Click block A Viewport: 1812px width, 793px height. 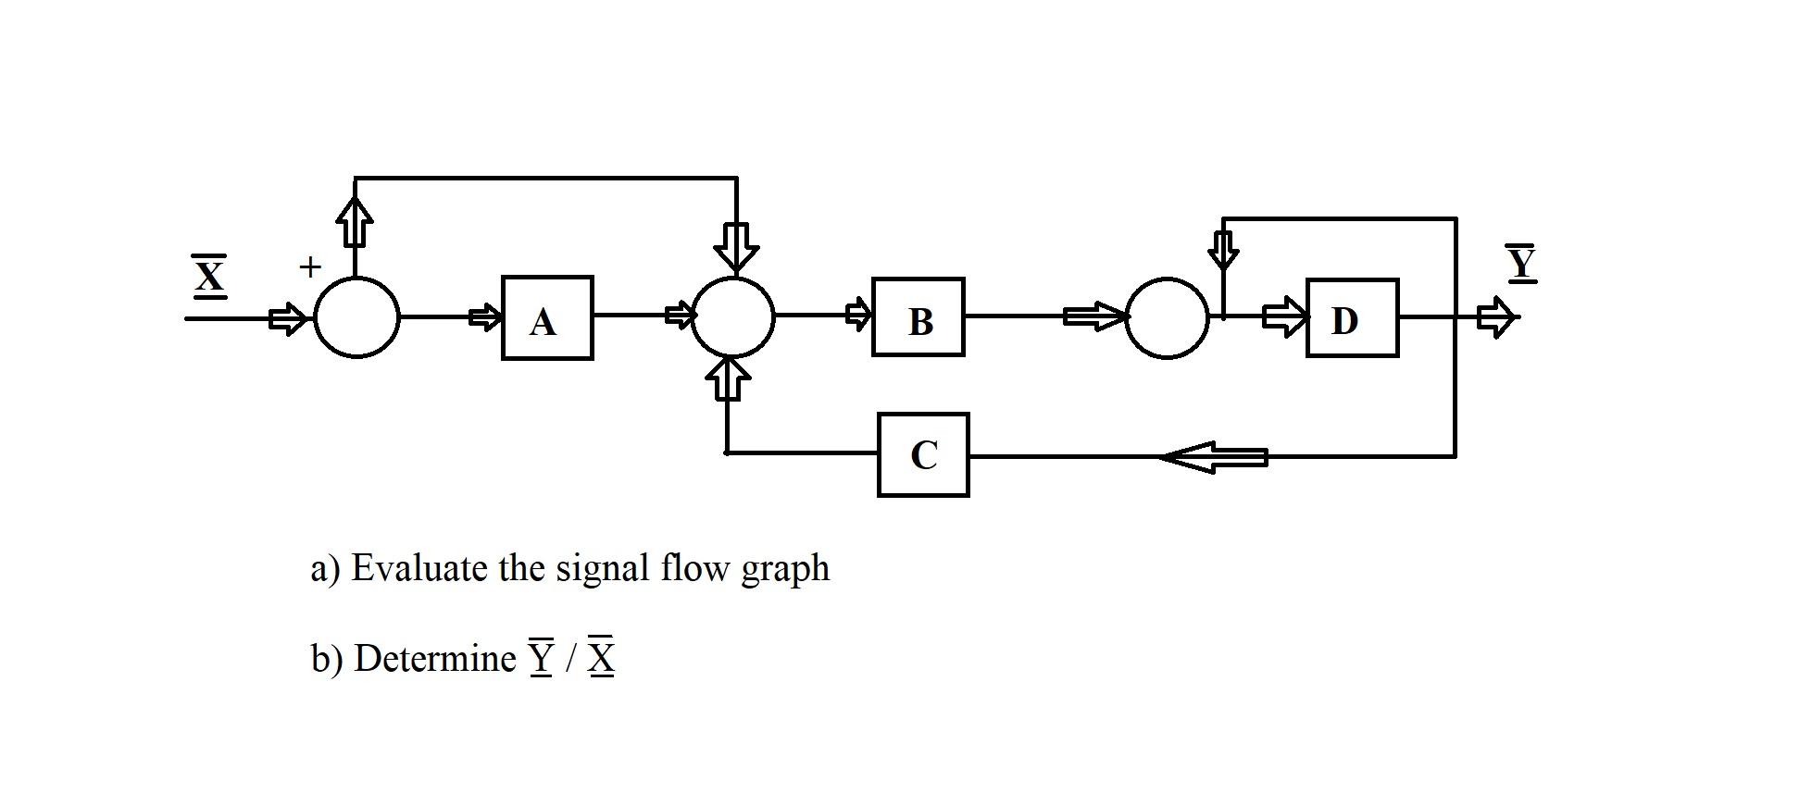pyautogui.click(x=546, y=317)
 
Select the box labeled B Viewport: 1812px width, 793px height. pyautogui.click(x=918, y=317)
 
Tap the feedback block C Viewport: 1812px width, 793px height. pyautogui.click(x=923, y=454)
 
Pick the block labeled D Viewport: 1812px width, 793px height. pyautogui.click(x=1351, y=318)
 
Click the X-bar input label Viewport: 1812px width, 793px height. pyautogui.click(x=209, y=276)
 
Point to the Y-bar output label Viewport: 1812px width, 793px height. pyautogui.click(x=1520, y=263)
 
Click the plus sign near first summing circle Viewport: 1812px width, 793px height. pyautogui.click(x=310, y=267)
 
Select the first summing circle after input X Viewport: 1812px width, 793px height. pyautogui.click(x=357, y=317)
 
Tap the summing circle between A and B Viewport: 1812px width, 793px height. pyautogui.click(x=733, y=316)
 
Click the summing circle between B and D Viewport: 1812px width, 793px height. pyautogui.click(x=1167, y=317)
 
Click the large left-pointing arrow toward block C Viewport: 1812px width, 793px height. pyautogui.click(x=1213, y=456)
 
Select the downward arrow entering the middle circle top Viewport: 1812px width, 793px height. pyautogui.click(x=736, y=246)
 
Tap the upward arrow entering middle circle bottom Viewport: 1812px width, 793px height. pyautogui.click(x=729, y=378)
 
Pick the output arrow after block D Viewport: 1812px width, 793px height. pyautogui.click(x=1496, y=318)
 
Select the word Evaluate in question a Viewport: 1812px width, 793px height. pyautogui.click(x=419, y=567)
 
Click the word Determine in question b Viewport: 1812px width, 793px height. pyautogui.click(x=435, y=658)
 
